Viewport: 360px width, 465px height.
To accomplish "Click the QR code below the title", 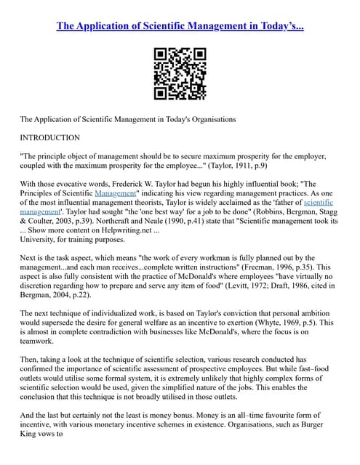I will [x=180, y=73].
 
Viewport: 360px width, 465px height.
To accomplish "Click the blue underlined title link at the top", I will [x=180, y=26].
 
